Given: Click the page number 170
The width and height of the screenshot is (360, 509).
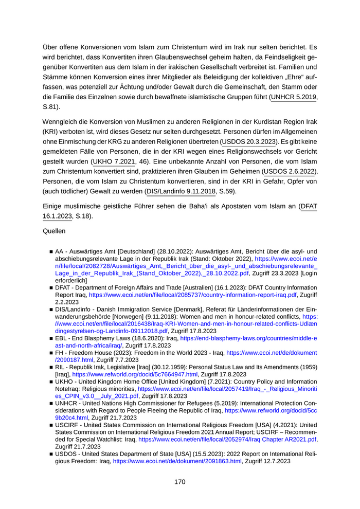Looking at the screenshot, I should tap(179, 482).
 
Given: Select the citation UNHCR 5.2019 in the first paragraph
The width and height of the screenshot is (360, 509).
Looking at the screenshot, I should tap(295, 96).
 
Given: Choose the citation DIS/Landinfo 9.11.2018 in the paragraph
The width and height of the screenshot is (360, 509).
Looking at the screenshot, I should tap(182, 191).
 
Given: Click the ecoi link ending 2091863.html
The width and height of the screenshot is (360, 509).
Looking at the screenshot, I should tap(177, 462).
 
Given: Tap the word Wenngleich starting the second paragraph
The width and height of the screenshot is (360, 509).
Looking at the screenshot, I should tap(61, 121).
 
